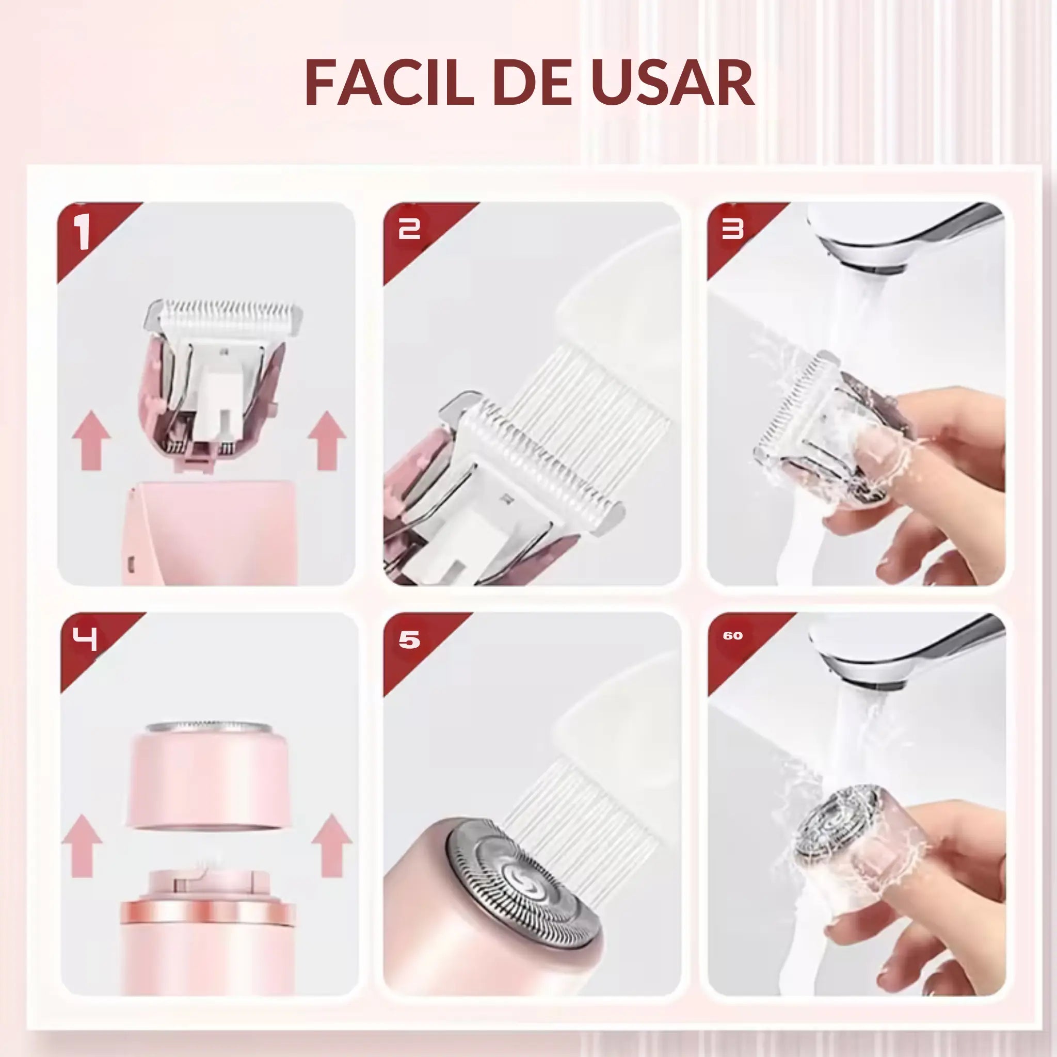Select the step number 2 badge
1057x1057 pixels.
click(409, 229)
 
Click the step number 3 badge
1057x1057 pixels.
click(732, 229)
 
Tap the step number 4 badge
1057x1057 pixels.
click(85, 638)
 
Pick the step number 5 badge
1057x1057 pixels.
click(409, 639)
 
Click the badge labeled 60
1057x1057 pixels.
click(732, 636)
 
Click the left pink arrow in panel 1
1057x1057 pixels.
click(91, 441)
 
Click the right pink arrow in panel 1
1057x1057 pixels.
click(327, 441)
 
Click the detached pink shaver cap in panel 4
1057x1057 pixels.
click(208, 777)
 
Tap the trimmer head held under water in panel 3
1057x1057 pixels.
click(815, 432)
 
